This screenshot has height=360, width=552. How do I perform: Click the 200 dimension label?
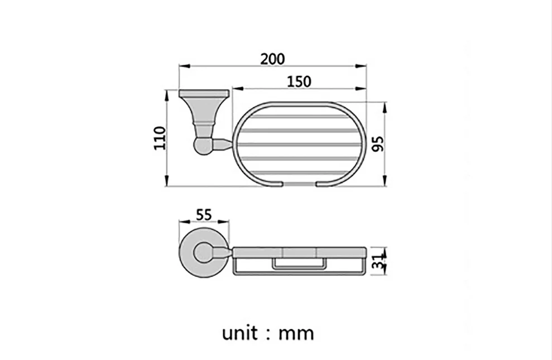[x=272, y=59]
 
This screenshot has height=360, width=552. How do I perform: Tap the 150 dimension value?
[x=299, y=81]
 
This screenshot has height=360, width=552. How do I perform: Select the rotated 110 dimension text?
[x=160, y=138]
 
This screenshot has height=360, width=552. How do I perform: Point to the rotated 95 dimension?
[x=378, y=144]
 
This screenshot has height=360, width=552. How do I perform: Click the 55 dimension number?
[x=204, y=214]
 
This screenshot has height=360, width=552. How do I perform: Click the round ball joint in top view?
[x=203, y=146]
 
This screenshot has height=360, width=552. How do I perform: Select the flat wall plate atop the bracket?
[x=204, y=93]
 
